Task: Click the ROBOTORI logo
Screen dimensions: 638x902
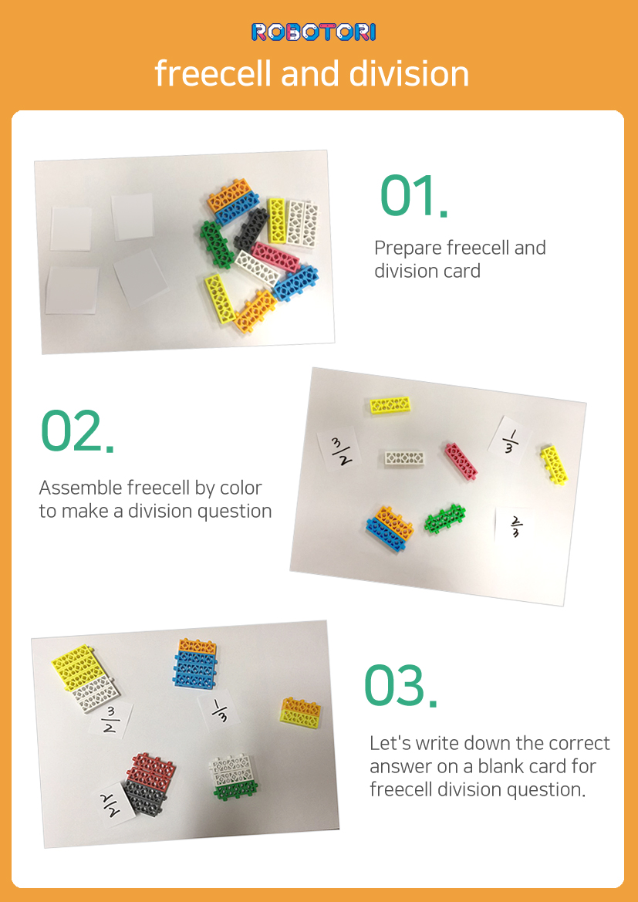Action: click(313, 32)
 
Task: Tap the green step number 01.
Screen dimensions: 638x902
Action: click(414, 197)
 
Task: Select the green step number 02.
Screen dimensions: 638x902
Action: click(76, 431)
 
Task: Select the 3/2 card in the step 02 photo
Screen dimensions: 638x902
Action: click(339, 451)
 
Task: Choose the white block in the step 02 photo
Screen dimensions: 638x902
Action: click(405, 458)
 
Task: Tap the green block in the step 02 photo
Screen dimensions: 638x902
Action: click(444, 518)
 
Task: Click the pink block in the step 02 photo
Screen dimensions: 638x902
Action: click(461, 461)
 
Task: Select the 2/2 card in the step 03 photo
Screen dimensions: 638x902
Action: click(114, 804)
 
